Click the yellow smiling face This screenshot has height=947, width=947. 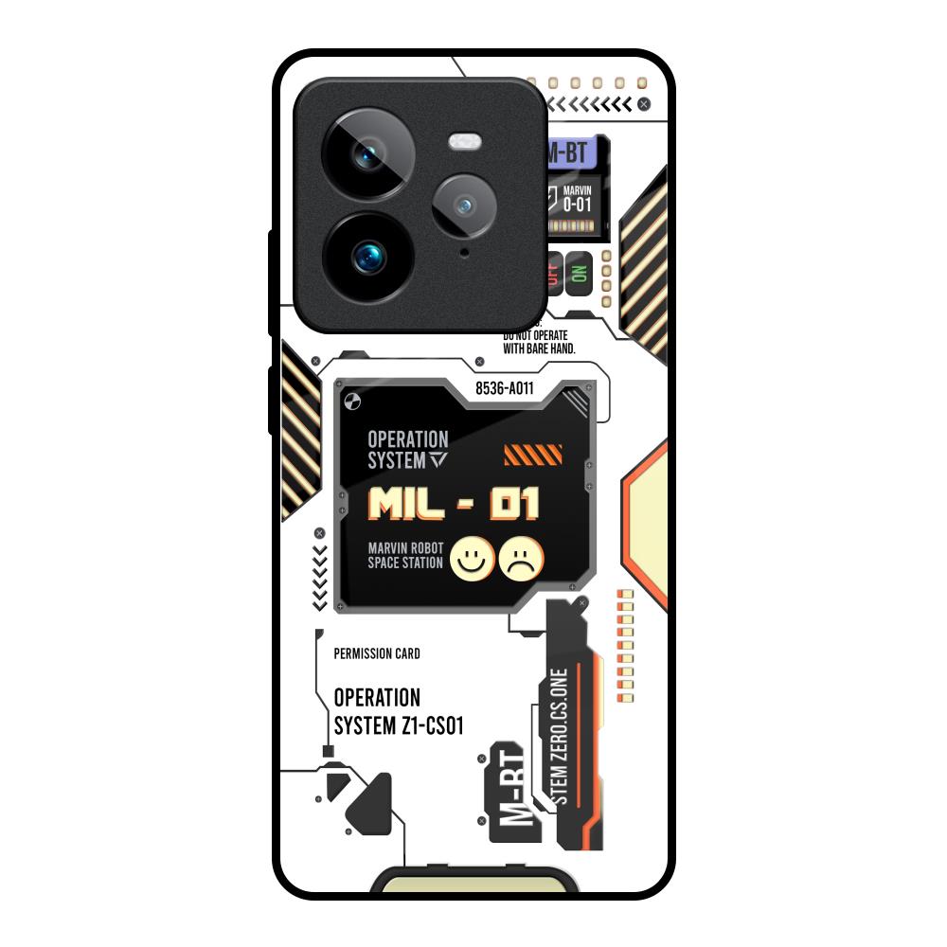[x=472, y=560]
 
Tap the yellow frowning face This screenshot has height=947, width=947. [x=523, y=560]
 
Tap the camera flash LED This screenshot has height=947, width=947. [x=465, y=143]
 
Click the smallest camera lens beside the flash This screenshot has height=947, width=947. [x=463, y=205]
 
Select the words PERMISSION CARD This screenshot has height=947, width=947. [x=377, y=653]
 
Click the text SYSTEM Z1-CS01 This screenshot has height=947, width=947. [x=398, y=725]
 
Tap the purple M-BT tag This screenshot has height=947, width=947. [x=576, y=152]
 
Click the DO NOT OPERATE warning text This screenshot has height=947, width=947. [x=538, y=342]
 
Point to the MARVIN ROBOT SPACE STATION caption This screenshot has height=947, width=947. [x=405, y=556]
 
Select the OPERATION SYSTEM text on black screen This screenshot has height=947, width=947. [x=408, y=450]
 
